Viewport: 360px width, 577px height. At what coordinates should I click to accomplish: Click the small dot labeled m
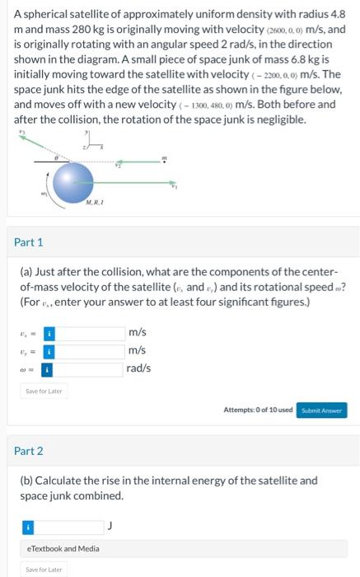point(165,159)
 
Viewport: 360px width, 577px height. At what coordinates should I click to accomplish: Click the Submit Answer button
point(322,410)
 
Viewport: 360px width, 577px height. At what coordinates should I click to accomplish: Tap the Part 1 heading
point(29,242)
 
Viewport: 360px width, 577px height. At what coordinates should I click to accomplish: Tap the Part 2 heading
point(29,451)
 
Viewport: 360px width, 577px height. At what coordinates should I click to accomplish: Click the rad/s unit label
point(139,368)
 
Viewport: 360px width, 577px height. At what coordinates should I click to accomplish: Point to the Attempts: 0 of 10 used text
point(258,410)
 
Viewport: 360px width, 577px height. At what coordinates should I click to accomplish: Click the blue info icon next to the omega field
point(49,368)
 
